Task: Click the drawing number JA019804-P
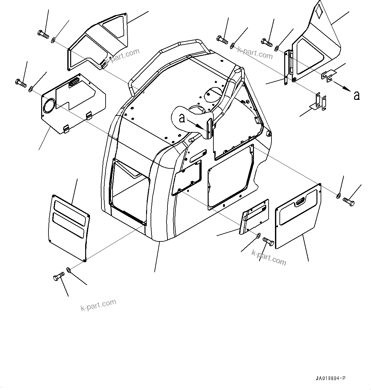(330, 379)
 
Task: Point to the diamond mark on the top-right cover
(319, 12)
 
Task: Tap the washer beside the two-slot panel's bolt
(69, 270)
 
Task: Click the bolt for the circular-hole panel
(20, 83)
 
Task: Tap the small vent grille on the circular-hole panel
(74, 82)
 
